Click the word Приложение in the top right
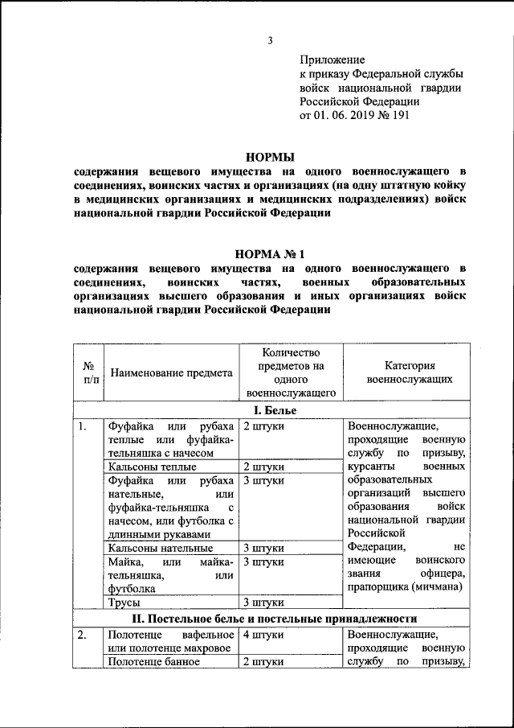332,60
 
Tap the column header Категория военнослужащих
408,372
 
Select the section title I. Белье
270,410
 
